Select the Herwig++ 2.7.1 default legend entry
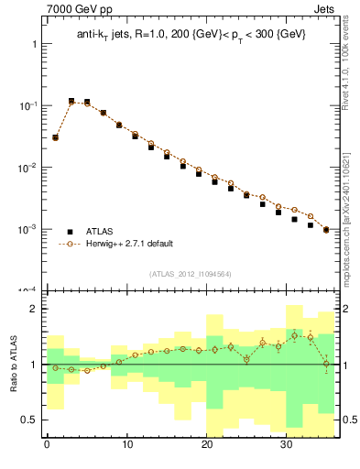(128, 244)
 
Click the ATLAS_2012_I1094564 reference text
(191, 273)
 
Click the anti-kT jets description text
(191, 34)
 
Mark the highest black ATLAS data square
(71, 101)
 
